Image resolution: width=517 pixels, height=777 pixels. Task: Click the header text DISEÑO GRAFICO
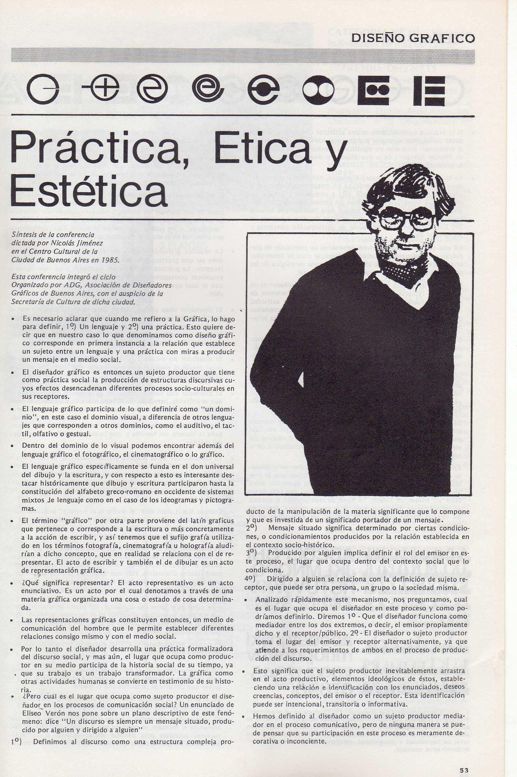413,38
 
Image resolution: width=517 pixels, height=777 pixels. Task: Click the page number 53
464,761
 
